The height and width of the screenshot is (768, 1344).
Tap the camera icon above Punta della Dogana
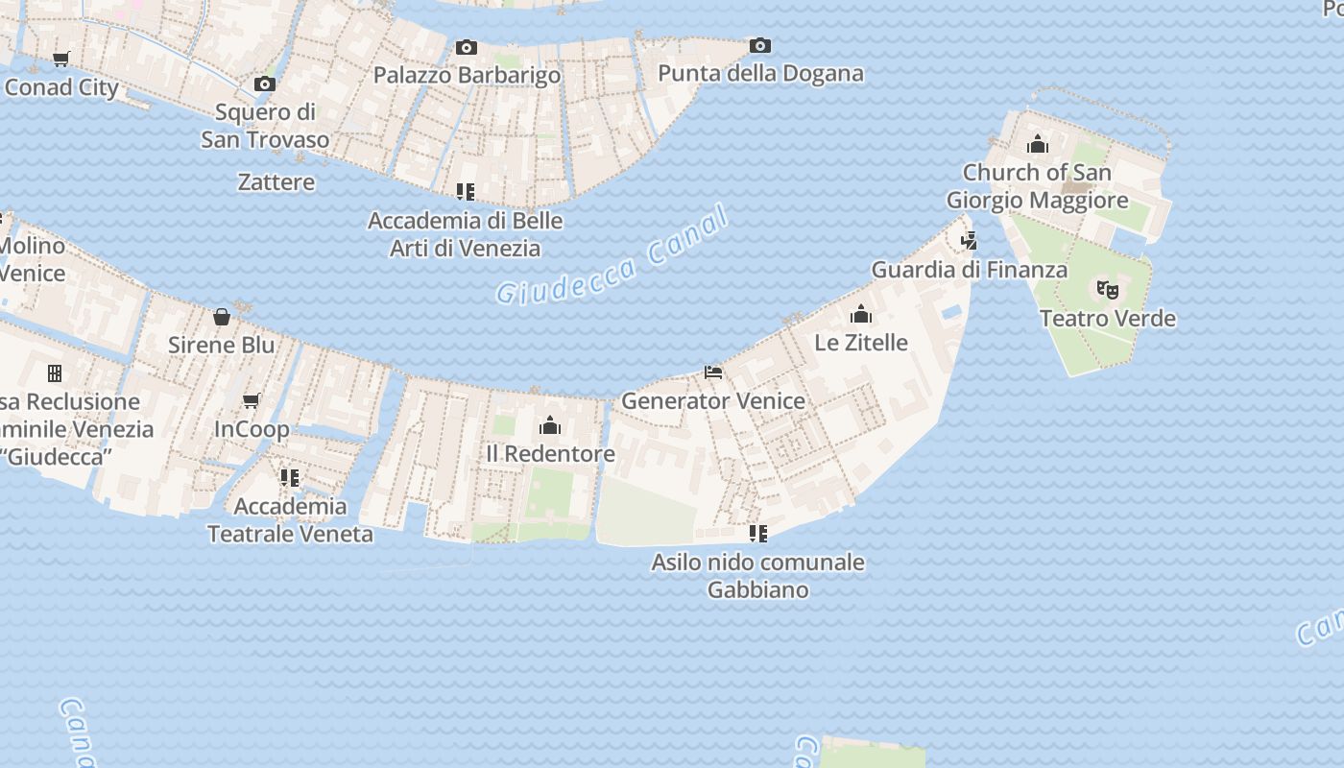pyautogui.click(x=759, y=45)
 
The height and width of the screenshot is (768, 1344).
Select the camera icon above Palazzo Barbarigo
pyautogui.click(x=467, y=47)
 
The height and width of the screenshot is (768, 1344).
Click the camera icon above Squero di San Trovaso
pyautogui.click(x=265, y=84)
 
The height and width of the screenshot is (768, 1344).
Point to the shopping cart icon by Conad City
pyautogui.click(x=61, y=60)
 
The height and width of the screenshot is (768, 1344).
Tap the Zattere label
pyautogui.click(x=276, y=181)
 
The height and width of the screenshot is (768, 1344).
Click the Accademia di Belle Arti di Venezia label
pyautogui.click(x=466, y=234)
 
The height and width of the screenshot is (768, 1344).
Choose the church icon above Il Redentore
pyautogui.click(x=550, y=424)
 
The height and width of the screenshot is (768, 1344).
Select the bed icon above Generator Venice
pyautogui.click(x=713, y=372)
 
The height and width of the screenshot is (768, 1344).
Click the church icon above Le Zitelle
pyautogui.click(x=861, y=314)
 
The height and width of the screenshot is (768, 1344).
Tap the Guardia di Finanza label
pyautogui.click(x=969, y=270)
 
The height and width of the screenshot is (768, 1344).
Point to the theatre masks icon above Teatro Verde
pyautogui.click(x=1107, y=289)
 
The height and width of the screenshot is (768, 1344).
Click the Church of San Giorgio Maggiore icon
pyautogui.click(x=1037, y=144)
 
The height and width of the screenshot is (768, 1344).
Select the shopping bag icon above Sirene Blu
pyautogui.click(x=222, y=316)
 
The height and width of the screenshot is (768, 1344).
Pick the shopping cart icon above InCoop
pyautogui.click(x=252, y=400)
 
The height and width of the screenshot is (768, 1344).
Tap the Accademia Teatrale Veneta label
pyautogui.click(x=290, y=519)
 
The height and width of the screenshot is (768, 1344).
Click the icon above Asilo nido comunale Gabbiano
pyautogui.click(x=758, y=533)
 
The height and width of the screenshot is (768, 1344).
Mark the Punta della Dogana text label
pyautogui.click(x=760, y=73)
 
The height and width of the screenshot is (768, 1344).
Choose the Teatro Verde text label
pyautogui.click(x=1108, y=318)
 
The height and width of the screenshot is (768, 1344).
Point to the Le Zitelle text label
pyautogui.click(x=861, y=342)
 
